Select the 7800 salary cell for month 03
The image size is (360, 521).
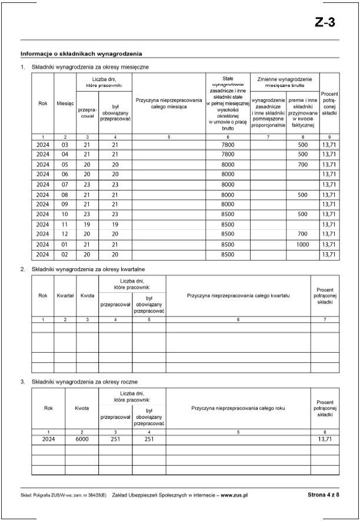(x=228, y=145)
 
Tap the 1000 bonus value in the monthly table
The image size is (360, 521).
(x=302, y=244)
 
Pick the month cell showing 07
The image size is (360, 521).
(x=65, y=185)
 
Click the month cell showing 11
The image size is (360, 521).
(x=65, y=224)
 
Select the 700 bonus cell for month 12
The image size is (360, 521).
(x=302, y=234)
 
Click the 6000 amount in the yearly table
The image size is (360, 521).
(x=81, y=439)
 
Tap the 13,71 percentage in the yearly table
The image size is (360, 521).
(x=325, y=439)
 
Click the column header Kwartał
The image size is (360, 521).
(x=65, y=295)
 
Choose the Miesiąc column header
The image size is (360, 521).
(x=65, y=103)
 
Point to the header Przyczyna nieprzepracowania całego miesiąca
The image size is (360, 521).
(x=169, y=103)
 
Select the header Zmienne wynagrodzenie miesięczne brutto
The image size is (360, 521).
(x=284, y=81)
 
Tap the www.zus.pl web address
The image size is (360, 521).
(x=234, y=496)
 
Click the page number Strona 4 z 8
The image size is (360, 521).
(x=323, y=496)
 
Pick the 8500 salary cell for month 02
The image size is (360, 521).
(x=228, y=255)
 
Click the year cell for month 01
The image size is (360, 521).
(x=42, y=244)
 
